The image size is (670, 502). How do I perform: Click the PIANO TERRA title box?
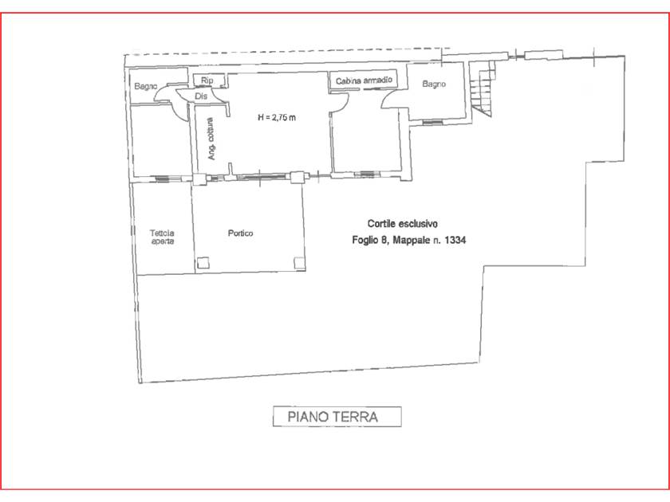pyautogui.click(x=337, y=416)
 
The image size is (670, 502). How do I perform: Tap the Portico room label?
pyautogui.click(x=240, y=233)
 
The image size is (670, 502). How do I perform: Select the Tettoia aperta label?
pyautogui.click(x=162, y=237)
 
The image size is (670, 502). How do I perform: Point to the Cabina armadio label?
pyautogui.click(x=364, y=80)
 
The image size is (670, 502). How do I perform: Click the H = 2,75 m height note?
pyautogui.click(x=277, y=117)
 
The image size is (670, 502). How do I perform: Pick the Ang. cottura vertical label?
pyautogui.click(x=211, y=139)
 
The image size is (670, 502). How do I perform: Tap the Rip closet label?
pyautogui.click(x=207, y=80)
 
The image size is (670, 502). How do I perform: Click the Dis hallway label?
pyautogui.click(x=201, y=96)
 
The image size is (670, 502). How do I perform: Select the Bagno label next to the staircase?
pyautogui.click(x=434, y=84)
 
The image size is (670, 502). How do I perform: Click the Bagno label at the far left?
pyautogui.click(x=146, y=86)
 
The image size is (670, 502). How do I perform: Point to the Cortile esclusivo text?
pyautogui.click(x=403, y=224)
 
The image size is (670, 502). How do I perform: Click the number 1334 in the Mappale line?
pyautogui.click(x=455, y=240)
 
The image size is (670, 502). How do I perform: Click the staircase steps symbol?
pyautogui.click(x=482, y=88)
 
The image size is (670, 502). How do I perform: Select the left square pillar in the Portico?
pyautogui.click(x=203, y=262)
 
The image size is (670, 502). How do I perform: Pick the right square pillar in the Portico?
pyautogui.click(x=299, y=263)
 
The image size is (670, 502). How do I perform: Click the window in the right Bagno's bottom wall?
pyautogui.click(x=432, y=123)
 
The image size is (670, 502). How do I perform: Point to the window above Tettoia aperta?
pyautogui.click(x=162, y=178)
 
